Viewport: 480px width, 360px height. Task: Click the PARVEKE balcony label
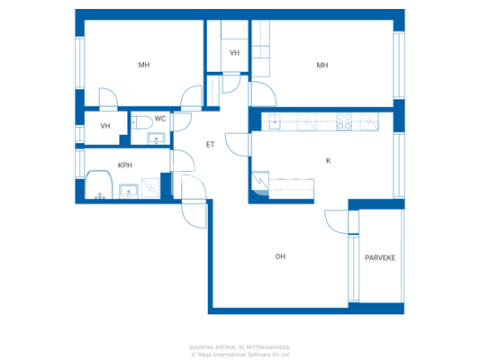click(379, 258)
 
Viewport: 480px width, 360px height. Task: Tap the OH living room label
click(280, 256)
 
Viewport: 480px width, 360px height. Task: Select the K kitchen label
click(328, 160)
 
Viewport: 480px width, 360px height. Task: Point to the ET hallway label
click(210, 144)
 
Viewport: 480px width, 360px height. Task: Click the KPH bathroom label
click(125, 166)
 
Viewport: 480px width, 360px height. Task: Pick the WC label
click(159, 119)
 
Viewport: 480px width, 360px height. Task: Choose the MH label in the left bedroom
click(143, 65)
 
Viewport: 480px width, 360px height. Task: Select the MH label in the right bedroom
click(322, 65)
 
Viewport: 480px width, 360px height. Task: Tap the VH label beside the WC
click(105, 126)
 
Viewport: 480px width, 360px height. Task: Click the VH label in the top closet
click(234, 53)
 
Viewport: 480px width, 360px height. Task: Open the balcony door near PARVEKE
click(335, 222)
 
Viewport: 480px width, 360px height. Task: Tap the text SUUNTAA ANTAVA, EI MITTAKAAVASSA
click(239, 346)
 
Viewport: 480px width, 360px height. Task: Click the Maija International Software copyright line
click(239, 354)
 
